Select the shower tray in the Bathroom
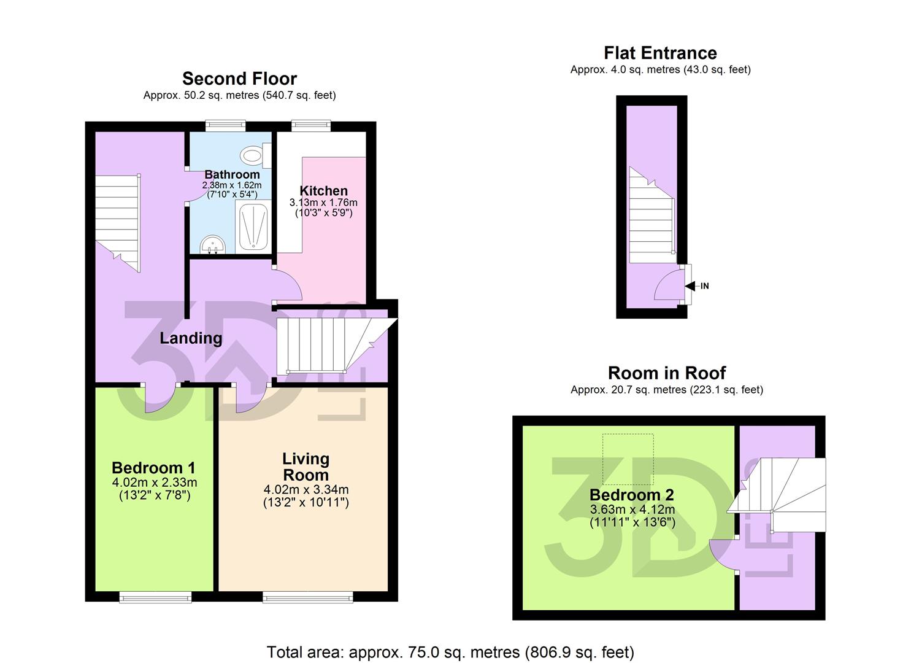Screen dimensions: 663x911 coord(252,227)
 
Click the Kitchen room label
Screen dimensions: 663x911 coord(323,191)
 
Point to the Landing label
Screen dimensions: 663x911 coord(191,338)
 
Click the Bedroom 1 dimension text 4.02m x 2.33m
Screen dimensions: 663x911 coord(155,483)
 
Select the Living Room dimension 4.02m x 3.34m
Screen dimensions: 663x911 coord(306,490)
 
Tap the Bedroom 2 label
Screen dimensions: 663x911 coord(632,495)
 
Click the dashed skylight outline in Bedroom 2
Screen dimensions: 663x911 coord(628,459)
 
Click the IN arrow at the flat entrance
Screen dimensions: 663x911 coord(693,286)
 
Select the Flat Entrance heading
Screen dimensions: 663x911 coord(660,53)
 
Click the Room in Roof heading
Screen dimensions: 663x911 coord(666,373)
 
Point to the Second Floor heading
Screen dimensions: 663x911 coord(239,79)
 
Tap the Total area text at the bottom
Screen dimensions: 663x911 coord(450,652)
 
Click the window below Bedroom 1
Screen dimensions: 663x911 coord(155,597)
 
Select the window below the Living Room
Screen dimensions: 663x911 coord(308,597)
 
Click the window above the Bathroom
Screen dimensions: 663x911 coord(225,126)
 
